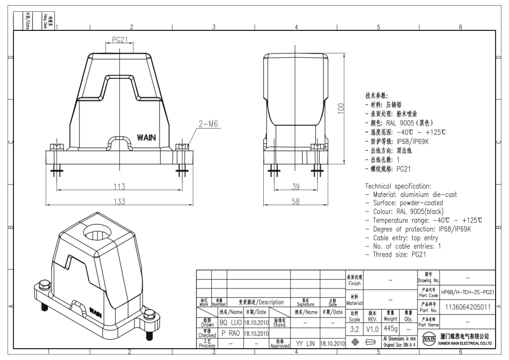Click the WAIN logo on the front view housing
click(x=147, y=137)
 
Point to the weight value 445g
click(x=390, y=328)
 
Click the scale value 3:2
click(x=354, y=328)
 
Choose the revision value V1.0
click(x=372, y=328)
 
